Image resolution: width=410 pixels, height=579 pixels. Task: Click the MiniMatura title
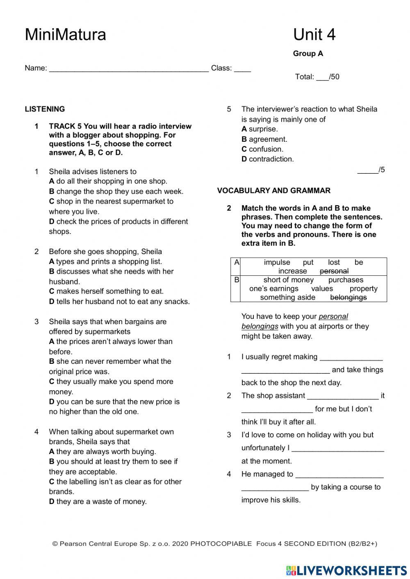[x=65, y=34]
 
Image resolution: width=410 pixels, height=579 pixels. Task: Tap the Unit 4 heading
[x=314, y=34]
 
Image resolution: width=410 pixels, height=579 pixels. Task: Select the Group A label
[x=308, y=54]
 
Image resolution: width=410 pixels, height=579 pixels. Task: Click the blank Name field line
[x=129, y=69]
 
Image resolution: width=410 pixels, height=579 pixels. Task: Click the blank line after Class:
[x=242, y=69]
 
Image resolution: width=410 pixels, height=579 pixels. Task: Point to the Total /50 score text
[x=317, y=77]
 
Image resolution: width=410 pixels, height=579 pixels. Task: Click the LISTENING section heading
[x=45, y=109]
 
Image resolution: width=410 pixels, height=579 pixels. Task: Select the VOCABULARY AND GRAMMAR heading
[x=273, y=191]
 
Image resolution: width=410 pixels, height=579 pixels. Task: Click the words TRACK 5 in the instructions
[x=65, y=126]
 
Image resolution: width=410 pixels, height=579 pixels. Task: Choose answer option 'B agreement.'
[x=264, y=139]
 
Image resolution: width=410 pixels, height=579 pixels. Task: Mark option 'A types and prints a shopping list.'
[x=105, y=261]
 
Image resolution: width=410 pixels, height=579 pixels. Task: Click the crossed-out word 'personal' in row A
[x=334, y=271]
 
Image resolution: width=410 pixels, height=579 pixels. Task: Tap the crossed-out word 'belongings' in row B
[x=348, y=297]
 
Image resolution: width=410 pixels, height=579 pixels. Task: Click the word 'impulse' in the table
[x=277, y=262]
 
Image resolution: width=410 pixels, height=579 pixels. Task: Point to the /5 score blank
[x=371, y=170]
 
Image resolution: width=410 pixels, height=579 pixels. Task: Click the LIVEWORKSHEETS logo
[x=346, y=570]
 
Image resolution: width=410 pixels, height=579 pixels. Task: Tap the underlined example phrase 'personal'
[x=333, y=316]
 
